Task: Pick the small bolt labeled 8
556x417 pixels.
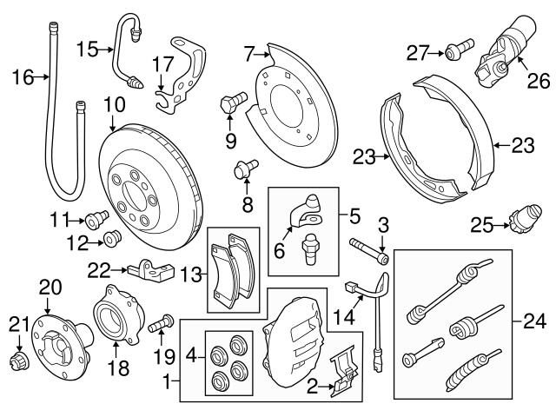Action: (244, 169)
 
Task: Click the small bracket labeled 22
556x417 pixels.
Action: (147, 271)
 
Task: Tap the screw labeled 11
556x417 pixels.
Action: (96, 215)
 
